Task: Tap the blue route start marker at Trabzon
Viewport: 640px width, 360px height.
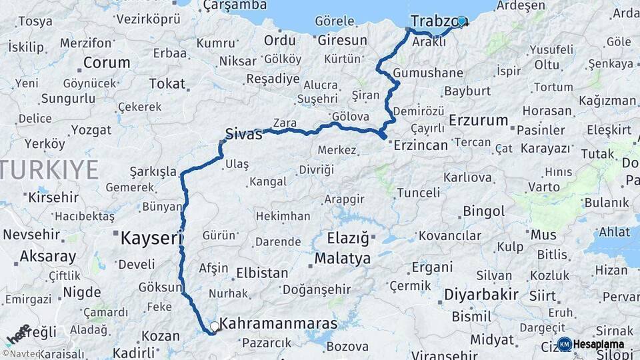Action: click(x=461, y=21)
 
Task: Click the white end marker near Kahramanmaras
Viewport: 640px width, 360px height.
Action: click(x=215, y=326)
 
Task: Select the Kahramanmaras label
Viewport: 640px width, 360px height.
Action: click(x=279, y=324)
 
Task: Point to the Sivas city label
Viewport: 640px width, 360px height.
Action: click(x=243, y=133)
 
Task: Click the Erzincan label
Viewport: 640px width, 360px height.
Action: click(x=421, y=145)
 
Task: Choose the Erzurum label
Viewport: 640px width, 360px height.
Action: click(x=478, y=121)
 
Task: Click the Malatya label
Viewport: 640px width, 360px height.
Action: click(x=343, y=258)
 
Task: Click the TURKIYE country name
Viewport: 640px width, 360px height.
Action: click(x=49, y=170)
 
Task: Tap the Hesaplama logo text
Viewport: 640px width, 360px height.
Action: click(x=598, y=344)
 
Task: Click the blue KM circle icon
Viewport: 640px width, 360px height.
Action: click(x=564, y=344)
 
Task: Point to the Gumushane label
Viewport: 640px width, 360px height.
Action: click(x=428, y=73)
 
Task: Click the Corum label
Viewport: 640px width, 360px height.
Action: click(x=106, y=63)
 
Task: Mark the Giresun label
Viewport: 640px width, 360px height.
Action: click(x=342, y=40)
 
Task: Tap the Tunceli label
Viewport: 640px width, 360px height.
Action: click(x=419, y=193)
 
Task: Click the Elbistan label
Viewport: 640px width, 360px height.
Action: click(x=263, y=273)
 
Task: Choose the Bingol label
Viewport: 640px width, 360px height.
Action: click(x=483, y=212)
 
